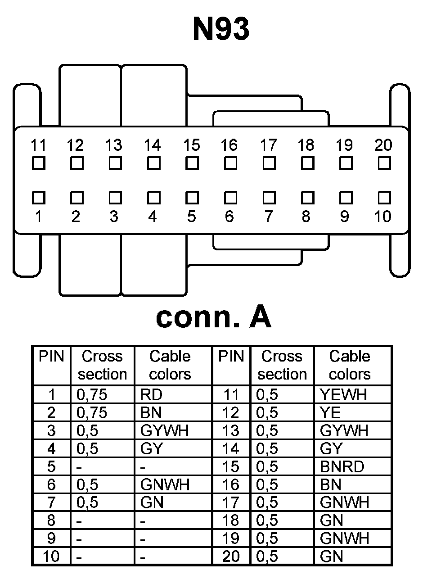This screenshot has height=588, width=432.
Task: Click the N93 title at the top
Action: pyautogui.click(x=220, y=29)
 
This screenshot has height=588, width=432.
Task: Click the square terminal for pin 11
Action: pyautogui.click(x=39, y=163)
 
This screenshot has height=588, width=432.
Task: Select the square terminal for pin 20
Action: pyautogui.click(x=384, y=163)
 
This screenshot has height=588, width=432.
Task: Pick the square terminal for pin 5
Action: pyautogui.click(x=192, y=198)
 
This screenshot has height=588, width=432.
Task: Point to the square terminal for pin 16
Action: pyautogui.click(x=230, y=163)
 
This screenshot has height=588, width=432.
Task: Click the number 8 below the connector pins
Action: pyautogui.click(x=306, y=217)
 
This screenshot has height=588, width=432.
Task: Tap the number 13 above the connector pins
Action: pyautogui.click(x=114, y=145)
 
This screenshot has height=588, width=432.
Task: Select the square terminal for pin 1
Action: pyautogui.click(x=39, y=198)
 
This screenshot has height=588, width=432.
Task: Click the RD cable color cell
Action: pyautogui.click(x=151, y=395)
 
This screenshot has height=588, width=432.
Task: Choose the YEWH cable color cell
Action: pyautogui.click(x=343, y=395)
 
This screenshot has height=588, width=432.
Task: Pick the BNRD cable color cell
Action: pyautogui.click(x=342, y=467)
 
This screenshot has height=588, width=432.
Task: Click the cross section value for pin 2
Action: pyautogui.click(x=92, y=413)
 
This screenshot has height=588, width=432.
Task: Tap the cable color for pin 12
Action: pyautogui.click(x=330, y=413)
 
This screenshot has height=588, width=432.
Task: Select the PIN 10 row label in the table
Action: pyautogui.click(x=51, y=556)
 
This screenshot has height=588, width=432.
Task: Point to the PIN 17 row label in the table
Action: pyautogui.click(x=231, y=502)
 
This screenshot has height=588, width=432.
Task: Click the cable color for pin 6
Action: pyautogui.click(x=165, y=485)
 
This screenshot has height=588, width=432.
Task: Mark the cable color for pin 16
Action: pyautogui.click(x=331, y=485)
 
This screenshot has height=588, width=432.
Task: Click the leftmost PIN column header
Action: pyautogui.click(x=51, y=357)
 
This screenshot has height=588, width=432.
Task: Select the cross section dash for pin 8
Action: pyautogui.click(x=79, y=521)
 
